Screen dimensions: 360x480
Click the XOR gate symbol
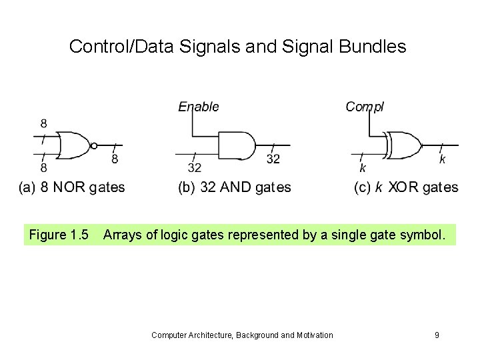click(404, 145)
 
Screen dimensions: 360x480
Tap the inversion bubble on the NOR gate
click(94, 145)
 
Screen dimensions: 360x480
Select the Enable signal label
click(198, 107)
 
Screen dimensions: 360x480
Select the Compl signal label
click(365, 107)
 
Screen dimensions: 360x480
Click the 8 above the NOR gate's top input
click(44, 123)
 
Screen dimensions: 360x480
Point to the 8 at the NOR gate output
click(115, 159)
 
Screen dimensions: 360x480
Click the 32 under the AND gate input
click(195, 167)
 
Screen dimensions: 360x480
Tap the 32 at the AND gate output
click(273, 159)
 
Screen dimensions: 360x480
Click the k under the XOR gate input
click(363, 167)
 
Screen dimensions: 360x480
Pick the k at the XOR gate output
click(442, 159)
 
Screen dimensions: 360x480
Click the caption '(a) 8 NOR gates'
click(71, 187)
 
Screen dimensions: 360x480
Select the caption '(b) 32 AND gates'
click(235, 187)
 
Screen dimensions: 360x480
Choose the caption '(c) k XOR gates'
click(405, 187)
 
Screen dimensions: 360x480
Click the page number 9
click(437, 335)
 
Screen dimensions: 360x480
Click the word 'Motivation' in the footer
click(311, 335)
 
